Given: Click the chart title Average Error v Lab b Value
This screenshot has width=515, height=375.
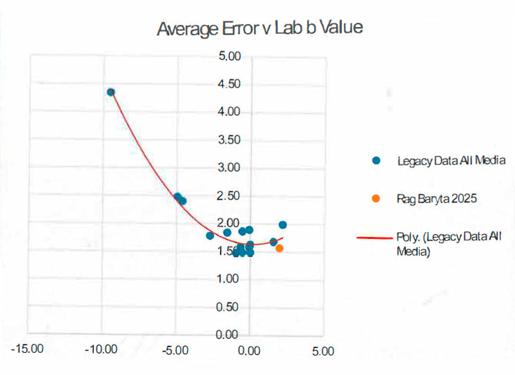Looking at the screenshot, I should pyautogui.click(x=260, y=29).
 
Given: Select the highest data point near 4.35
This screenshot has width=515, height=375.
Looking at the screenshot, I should pyautogui.click(x=110, y=92).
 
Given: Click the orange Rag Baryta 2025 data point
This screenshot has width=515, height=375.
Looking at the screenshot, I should pyautogui.click(x=280, y=248).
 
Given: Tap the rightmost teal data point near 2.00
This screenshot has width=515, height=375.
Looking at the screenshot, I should pyautogui.click(x=282, y=224).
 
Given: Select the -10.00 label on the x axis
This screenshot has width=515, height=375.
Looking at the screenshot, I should pyautogui.click(x=101, y=349).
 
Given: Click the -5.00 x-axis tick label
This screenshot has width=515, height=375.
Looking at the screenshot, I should pyautogui.click(x=176, y=349).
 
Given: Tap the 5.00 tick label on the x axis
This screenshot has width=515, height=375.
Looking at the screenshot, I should pyautogui.click(x=322, y=350).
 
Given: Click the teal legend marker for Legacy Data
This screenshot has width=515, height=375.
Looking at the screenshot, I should pyautogui.click(x=376, y=160).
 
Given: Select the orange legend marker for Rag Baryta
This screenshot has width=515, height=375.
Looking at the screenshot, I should pyautogui.click(x=376, y=198).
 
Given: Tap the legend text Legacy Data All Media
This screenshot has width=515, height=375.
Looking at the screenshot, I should pyautogui.click(x=451, y=160).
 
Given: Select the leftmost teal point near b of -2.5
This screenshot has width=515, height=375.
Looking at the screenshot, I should pyautogui.click(x=210, y=235).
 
